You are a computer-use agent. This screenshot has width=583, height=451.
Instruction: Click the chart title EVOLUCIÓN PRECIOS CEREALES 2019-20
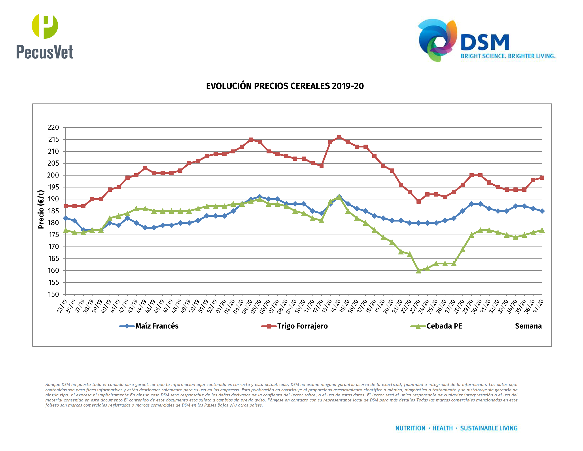click(285, 86)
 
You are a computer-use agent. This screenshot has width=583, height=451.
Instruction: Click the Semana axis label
click(528, 326)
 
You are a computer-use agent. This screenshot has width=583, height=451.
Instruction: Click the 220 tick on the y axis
click(53, 127)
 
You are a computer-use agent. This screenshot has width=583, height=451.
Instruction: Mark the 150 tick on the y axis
click(53, 294)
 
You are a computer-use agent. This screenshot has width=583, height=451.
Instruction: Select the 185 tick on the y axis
click(53, 211)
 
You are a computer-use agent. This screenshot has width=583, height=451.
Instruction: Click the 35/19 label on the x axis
click(62, 306)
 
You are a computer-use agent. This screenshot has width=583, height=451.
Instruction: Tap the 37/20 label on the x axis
click(538, 306)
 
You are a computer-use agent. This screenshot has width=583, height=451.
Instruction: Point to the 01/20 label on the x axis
click(221, 306)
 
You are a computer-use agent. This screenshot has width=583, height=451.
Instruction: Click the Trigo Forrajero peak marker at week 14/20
click(339, 137)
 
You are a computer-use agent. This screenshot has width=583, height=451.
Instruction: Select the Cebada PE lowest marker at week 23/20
click(418, 271)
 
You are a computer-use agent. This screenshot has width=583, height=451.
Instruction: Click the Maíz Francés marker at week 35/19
click(66, 218)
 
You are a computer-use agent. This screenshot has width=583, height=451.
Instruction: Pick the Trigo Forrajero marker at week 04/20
click(251, 140)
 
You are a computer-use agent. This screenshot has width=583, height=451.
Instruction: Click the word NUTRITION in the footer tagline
click(410, 428)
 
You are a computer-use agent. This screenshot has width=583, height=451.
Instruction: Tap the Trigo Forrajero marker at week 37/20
click(542, 178)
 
